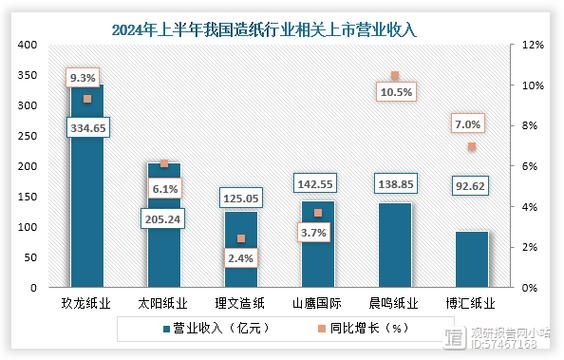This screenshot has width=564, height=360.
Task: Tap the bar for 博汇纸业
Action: point(472,259)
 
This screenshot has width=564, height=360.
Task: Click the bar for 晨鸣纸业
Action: point(395,245)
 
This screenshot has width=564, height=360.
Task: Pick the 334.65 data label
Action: point(86,128)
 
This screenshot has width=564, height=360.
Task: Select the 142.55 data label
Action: point(317,183)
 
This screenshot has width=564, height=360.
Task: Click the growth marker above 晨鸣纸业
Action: point(395,76)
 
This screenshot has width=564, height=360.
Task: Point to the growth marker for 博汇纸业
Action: point(472,147)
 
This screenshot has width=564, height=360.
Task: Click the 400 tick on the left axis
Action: point(28,45)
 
